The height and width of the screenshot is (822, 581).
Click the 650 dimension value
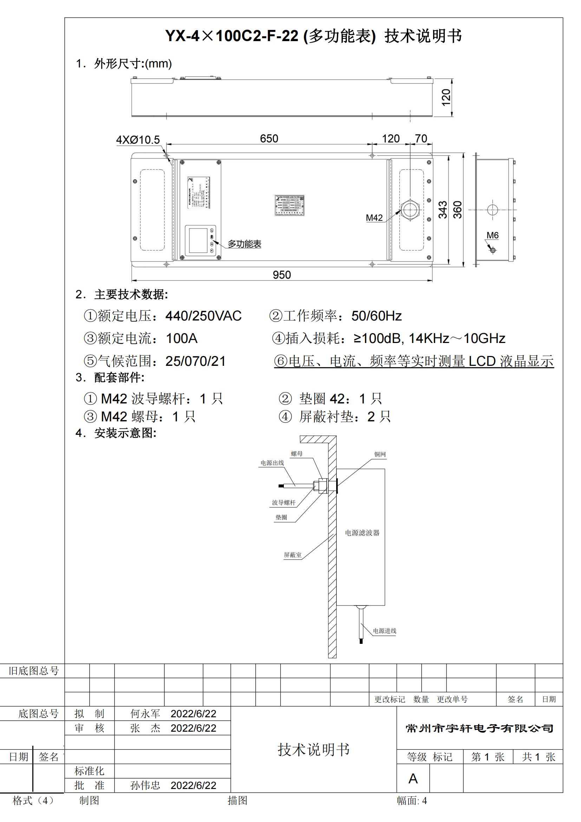[x=269, y=138]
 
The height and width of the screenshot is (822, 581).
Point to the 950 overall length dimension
[x=282, y=275]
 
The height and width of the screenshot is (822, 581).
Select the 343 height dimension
[x=443, y=210]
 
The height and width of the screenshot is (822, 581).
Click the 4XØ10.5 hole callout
[x=138, y=140]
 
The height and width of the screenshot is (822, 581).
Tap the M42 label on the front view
[x=374, y=218]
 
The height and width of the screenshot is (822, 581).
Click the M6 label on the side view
[x=492, y=235]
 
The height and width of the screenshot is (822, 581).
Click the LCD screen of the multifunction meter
[x=198, y=241]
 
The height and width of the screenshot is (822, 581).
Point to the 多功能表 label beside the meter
[x=244, y=244]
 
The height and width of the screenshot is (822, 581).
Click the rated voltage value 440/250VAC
[x=203, y=316]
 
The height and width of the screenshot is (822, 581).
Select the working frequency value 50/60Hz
[x=376, y=316]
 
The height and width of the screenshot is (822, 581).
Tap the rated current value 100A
[x=181, y=338]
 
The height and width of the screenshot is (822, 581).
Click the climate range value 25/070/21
[x=195, y=361]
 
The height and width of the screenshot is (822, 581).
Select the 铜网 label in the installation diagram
[x=380, y=454]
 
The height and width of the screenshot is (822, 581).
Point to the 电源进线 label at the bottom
[x=385, y=631]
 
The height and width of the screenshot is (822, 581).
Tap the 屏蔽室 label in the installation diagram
[x=293, y=555]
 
